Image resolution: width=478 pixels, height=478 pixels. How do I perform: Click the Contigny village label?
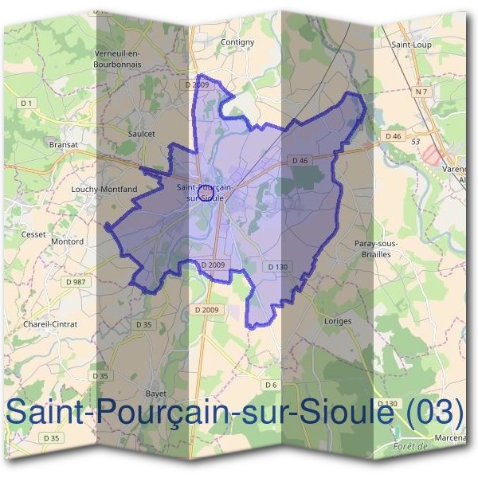237,42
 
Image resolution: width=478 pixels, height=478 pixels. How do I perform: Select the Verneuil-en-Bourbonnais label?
117,58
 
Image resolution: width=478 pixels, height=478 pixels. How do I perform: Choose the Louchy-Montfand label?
104,190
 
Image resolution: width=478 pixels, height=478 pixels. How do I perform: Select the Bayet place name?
155,394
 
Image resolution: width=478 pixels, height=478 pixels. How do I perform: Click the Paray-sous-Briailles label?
375,248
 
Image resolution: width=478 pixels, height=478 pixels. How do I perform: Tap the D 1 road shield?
27,104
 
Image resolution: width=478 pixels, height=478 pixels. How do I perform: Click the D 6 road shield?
270,385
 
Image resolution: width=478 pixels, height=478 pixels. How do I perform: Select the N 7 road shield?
421,93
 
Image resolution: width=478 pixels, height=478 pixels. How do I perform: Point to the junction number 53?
415,141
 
